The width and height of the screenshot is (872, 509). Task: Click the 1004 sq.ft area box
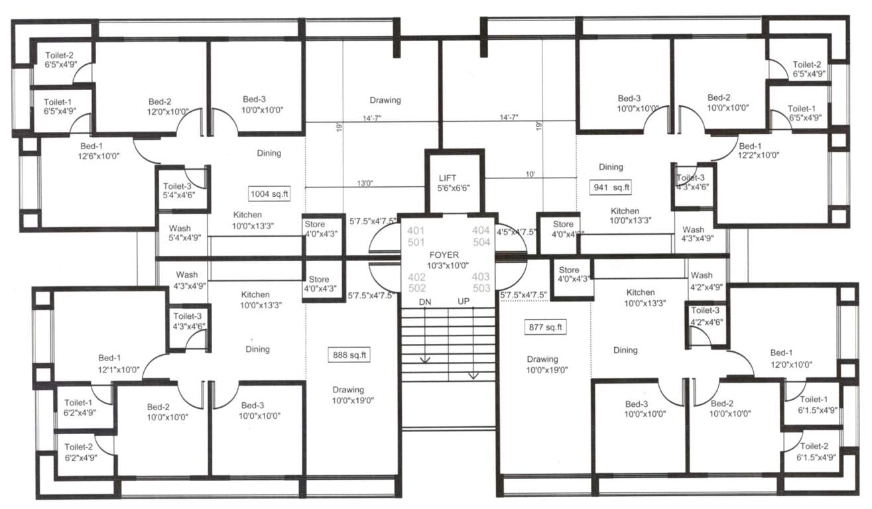pos(269,194)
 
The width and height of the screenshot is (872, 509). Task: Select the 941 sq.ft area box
pos(611,188)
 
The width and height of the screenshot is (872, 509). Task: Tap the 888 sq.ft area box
pos(349,355)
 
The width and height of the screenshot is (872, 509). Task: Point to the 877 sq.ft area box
pos(546,327)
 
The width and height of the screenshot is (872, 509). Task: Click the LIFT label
pos(447,178)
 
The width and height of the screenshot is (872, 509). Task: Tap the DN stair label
pos(425,302)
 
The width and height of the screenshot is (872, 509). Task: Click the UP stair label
pos(463,302)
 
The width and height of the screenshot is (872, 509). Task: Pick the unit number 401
pos(417,231)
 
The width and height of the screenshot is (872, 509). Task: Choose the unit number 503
pos(481,288)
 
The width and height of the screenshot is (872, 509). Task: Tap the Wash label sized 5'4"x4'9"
pos(180,233)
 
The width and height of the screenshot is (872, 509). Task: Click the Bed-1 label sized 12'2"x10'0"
pos(759,150)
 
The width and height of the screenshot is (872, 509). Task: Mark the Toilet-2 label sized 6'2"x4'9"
pos(80,452)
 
